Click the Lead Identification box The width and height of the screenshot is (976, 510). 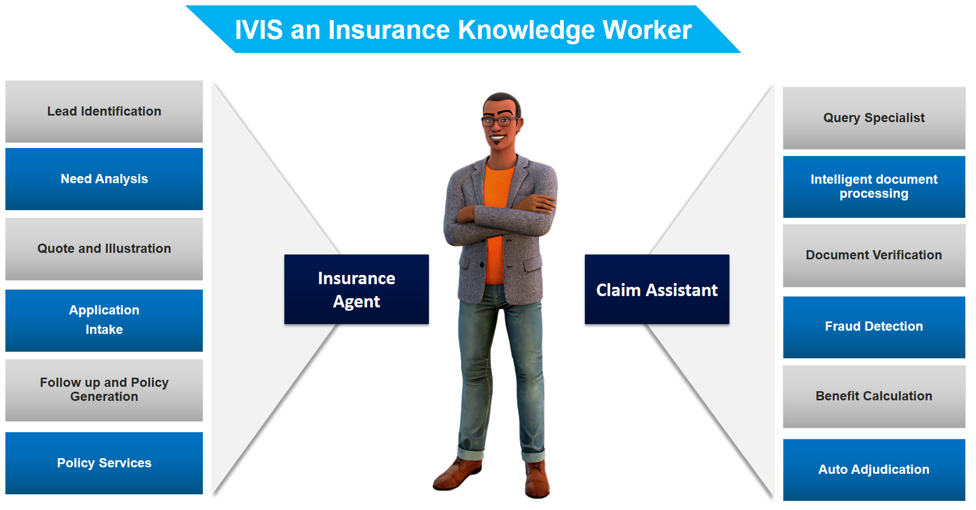pyautogui.click(x=104, y=111)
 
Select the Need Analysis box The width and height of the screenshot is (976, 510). pyautogui.click(x=104, y=179)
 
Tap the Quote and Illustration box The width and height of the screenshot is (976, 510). pyautogui.click(x=104, y=249)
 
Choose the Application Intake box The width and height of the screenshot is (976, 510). pyautogui.click(x=104, y=320)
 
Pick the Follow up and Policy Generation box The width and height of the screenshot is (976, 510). pyautogui.click(x=104, y=390)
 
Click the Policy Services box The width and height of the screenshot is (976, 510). pyautogui.click(x=104, y=463)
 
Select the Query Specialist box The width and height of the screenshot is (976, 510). pyautogui.click(x=874, y=118)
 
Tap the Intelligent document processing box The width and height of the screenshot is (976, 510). pyautogui.click(x=874, y=187)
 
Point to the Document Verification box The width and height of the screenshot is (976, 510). pyautogui.click(x=874, y=256)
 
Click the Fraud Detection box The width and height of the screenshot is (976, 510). pyautogui.click(x=874, y=327)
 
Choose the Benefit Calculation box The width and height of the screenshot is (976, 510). pyautogui.click(x=874, y=397)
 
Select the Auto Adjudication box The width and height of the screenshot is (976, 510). pyautogui.click(x=874, y=469)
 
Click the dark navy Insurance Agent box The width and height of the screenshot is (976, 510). pyautogui.click(x=357, y=289)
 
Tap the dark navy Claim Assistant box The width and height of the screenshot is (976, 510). pyautogui.click(x=657, y=289)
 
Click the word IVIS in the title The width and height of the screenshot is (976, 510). pyautogui.click(x=259, y=30)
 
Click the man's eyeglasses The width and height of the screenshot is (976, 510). pyautogui.click(x=502, y=120)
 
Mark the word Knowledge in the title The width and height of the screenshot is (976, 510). pyautogui.click(x=525, y=30)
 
